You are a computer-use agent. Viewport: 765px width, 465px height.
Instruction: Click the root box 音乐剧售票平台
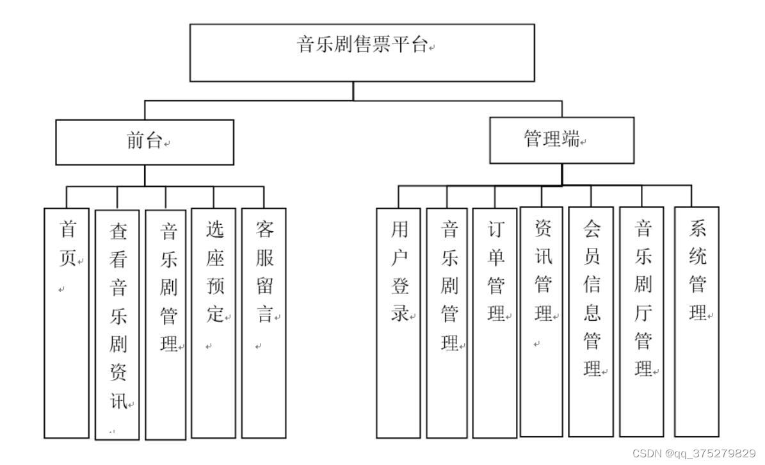(362, 53)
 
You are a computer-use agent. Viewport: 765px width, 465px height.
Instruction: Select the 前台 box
(144, 142)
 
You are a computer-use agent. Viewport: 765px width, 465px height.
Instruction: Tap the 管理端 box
(561, 140)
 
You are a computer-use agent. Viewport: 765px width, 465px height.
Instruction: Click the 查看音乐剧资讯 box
(117, 324)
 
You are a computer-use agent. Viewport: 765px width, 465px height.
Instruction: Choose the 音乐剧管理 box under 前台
(165, 324)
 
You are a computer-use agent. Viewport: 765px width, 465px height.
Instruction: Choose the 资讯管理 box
(542, 321)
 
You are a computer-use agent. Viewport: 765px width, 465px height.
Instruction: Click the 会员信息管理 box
(590, 321)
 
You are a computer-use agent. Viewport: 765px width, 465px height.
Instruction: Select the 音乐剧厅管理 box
(641, 321)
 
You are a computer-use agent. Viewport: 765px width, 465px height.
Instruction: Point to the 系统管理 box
(697, 321)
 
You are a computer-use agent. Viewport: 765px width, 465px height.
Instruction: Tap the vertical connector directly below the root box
(353, 91)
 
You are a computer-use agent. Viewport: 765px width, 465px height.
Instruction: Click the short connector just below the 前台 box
(145, 175)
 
